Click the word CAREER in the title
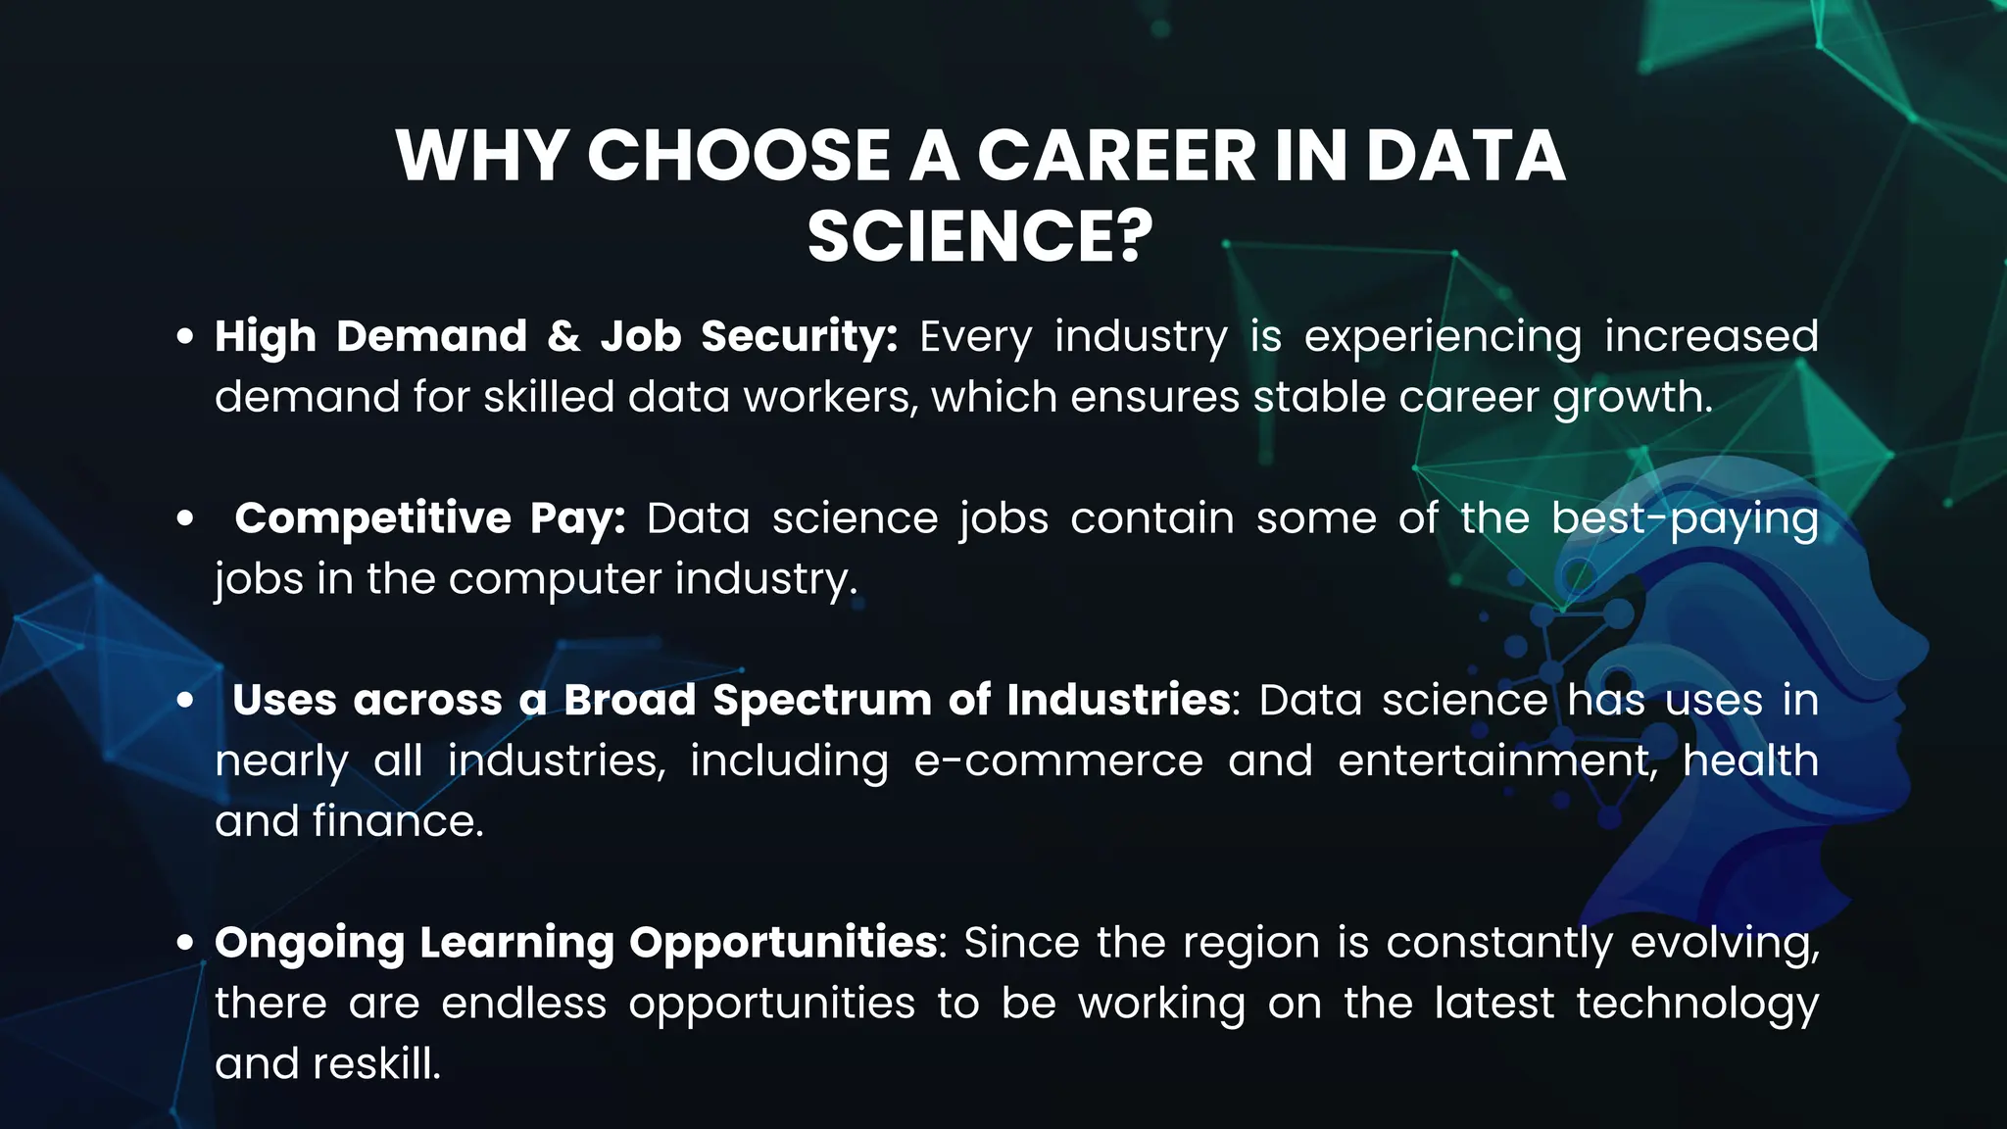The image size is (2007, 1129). [x=1116, y=156]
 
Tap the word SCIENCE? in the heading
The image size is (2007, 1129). [x=980, y=236]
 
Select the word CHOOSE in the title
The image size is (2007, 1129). [x=738, y=156]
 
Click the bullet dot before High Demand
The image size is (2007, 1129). [x=184, y=337]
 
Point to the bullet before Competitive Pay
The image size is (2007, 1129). [x=184, y=518]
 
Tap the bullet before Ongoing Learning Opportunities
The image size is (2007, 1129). [x=184, y=943]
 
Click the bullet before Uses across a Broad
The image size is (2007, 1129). [x=184, y=701]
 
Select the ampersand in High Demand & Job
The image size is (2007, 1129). [x=563, y=336]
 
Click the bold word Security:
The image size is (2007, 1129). [x=799, y=336]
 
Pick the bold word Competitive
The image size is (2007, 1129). [x=372, y=518]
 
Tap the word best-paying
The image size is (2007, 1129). [x=1685, y=518]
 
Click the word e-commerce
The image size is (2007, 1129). [x=1058, y=761]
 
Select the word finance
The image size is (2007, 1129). [x=398, y=821]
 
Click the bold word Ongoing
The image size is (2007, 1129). [x=309, y=943]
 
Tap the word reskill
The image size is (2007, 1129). [x=376, y=1063]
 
